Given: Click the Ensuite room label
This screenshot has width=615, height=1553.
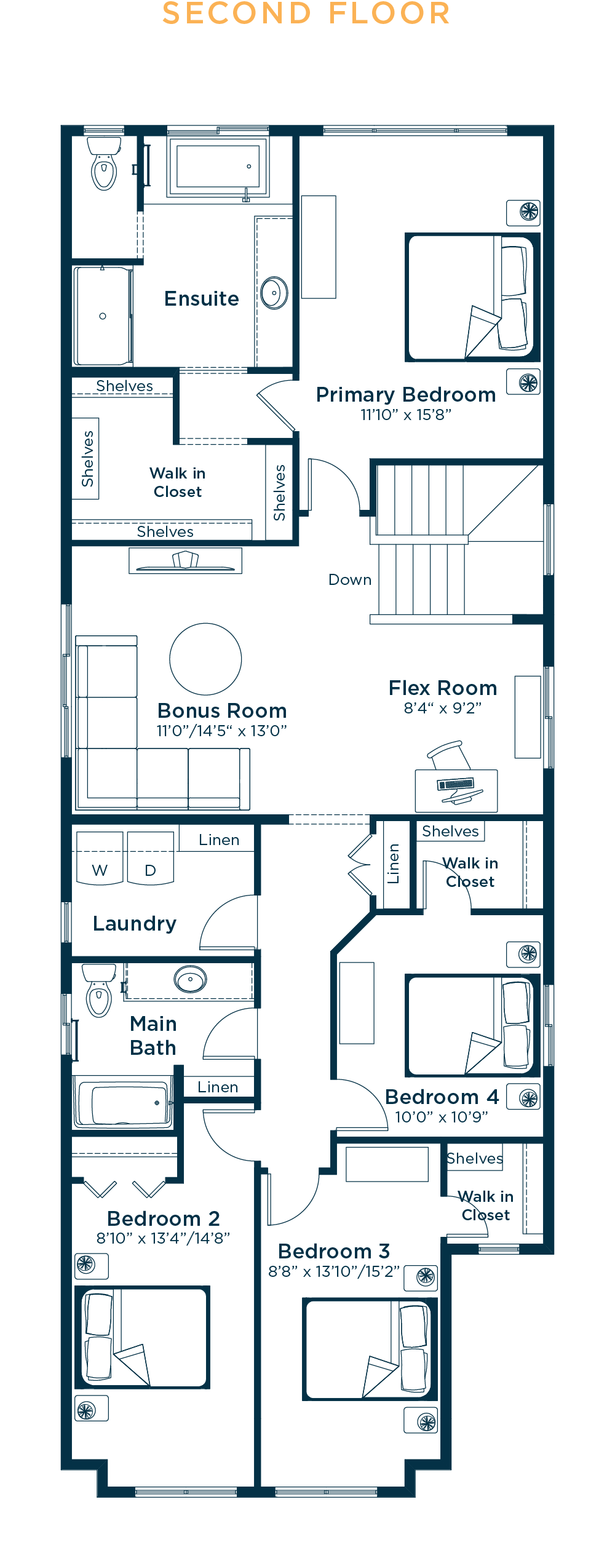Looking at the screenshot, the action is pos(202,299).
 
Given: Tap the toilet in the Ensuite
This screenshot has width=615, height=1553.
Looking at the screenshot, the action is pos(104,164).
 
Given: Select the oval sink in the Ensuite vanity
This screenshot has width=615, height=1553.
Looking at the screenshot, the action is pos(274,293).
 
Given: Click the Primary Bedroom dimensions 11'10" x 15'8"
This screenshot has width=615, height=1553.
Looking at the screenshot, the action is pos(406,415).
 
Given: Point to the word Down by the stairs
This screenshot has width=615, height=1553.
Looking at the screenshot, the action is pos(350,580).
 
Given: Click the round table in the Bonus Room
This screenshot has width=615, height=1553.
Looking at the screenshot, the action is pos(205,659).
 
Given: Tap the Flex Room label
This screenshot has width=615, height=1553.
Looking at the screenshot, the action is pos(443,688).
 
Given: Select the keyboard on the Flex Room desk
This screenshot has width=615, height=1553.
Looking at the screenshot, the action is pos(455,784).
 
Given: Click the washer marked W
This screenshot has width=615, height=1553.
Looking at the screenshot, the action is pos(100,859).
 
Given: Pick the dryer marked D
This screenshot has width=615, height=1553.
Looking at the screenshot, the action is pos(151,858).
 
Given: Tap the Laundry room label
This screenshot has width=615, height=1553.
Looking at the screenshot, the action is pos(135,924).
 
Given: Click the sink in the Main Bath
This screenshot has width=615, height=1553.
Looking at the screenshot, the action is pos(190,979).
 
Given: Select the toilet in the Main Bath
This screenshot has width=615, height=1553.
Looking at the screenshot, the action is pos(99,990).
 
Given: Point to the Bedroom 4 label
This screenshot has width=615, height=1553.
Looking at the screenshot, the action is pos(442,1097).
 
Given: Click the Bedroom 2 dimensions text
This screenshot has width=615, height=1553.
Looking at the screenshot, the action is pos(163,1238).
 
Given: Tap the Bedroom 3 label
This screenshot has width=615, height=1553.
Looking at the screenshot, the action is pos(334,1251).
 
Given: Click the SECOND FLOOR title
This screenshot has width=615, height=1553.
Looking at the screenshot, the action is pos(306,14).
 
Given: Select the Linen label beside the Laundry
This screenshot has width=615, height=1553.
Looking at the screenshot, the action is pos(219,840).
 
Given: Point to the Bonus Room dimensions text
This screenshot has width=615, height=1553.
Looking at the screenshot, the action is pos(221,731).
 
